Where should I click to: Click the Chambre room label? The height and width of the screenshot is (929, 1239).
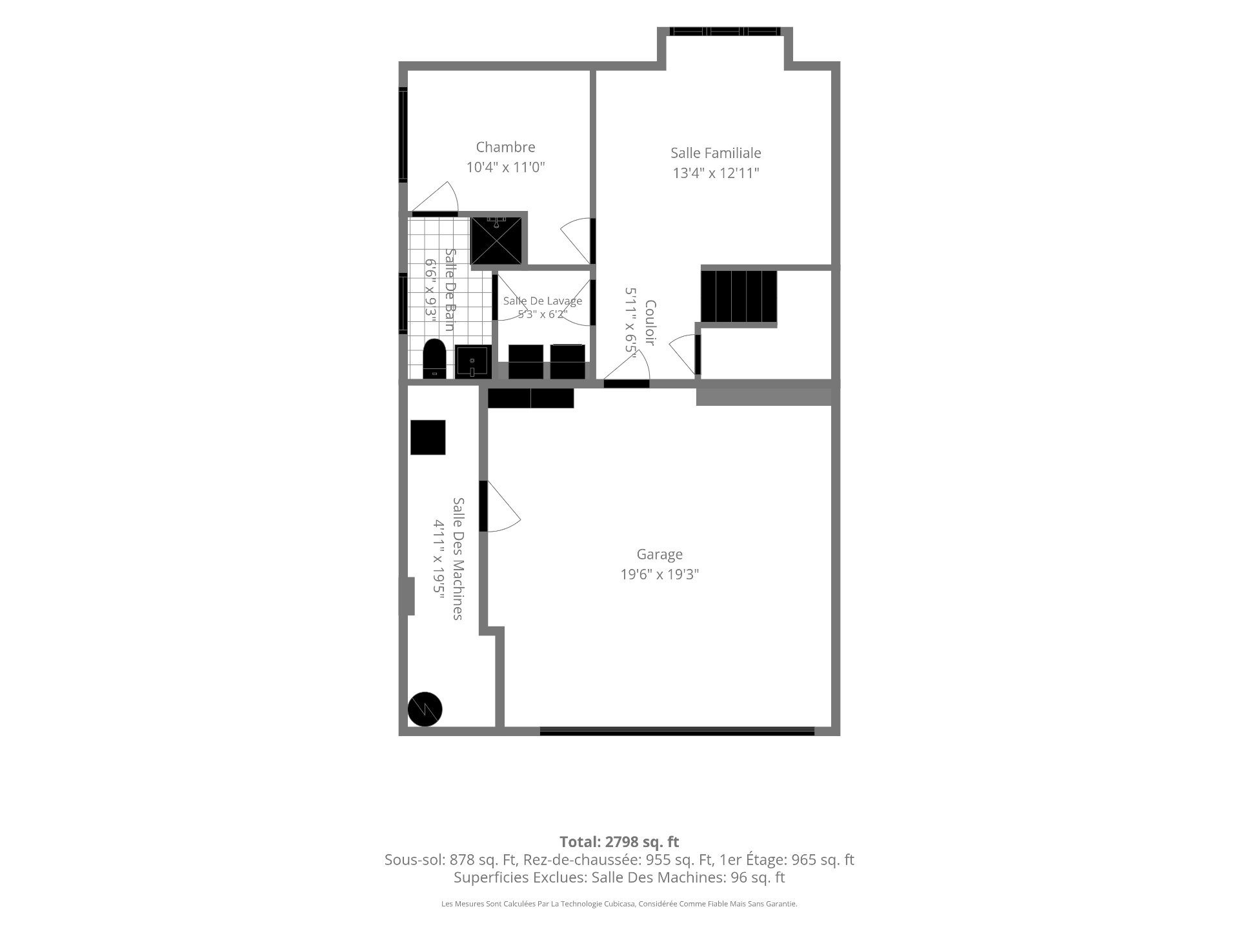coord(505,147)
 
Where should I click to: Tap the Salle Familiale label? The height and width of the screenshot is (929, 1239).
coord(716,153)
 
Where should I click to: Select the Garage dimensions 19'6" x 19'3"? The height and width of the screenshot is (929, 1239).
coord(660,574)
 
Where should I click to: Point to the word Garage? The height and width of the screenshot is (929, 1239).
coord(660,554)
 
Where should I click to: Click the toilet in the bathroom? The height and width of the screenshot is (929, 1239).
coord(434,359)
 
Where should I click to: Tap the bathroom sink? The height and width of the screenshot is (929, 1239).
coord(472,362)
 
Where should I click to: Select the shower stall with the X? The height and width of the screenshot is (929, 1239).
coord(496,241)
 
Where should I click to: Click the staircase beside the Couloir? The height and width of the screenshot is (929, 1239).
coord(739,296)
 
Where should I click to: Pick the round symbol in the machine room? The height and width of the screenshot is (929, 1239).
coord(425,710)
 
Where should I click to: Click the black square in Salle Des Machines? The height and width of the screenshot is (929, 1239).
coord(428,437)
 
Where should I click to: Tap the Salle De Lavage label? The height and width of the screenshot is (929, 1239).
coord(543,301)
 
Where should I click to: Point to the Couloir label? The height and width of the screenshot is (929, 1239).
coord(650,323)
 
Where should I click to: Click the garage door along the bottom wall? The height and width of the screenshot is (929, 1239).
coord(677,731)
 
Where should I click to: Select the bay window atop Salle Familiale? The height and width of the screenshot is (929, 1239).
coord(725,31)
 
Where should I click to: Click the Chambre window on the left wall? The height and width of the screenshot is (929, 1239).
coord(403,135)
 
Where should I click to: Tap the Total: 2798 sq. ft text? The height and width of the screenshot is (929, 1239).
coord(619,842)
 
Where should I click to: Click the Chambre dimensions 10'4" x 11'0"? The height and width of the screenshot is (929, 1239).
coord(506,168)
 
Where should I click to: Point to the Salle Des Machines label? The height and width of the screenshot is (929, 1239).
coord(458,559)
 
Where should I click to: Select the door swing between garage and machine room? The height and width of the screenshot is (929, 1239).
coord(501,506)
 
